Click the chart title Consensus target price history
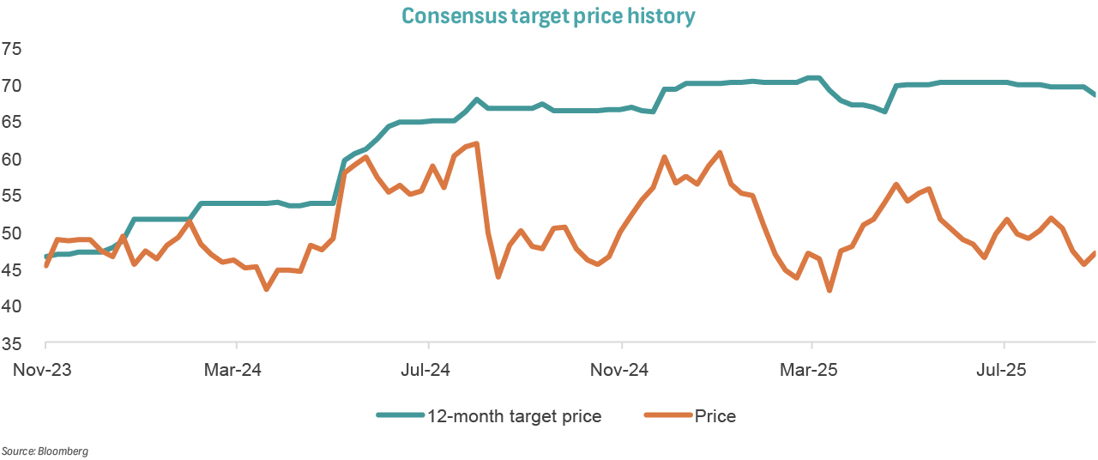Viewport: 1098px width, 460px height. (x=548, y=16)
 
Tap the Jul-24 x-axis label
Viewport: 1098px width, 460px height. (x=427, y=372)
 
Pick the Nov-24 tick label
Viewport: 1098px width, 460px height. (x=620, y=372)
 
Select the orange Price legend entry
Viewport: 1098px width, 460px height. (x=715, y=417)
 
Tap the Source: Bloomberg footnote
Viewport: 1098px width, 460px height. (x=45, y=451)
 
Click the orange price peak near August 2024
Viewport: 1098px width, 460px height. (x=476, y=143)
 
